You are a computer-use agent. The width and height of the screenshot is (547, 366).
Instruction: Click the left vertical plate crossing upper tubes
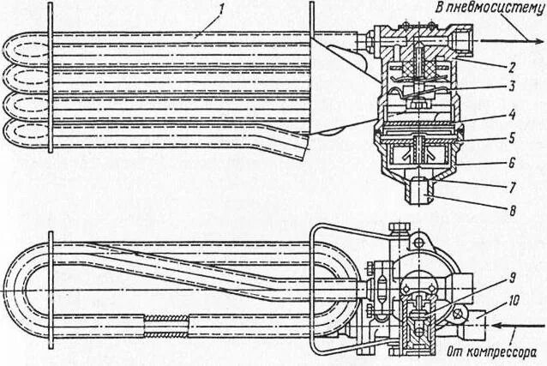pyautogui.click(x=54, y=86)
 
